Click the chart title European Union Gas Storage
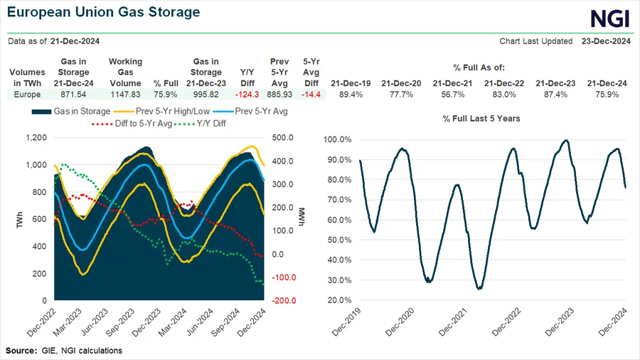pos(104,13)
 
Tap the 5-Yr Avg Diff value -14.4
pos(311,94)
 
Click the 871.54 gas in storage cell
pos(75,94)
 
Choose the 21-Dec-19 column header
pos(348,83)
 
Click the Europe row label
pos(28,94)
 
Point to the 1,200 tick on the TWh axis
pos(36,138)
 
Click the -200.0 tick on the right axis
pos(284,301)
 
